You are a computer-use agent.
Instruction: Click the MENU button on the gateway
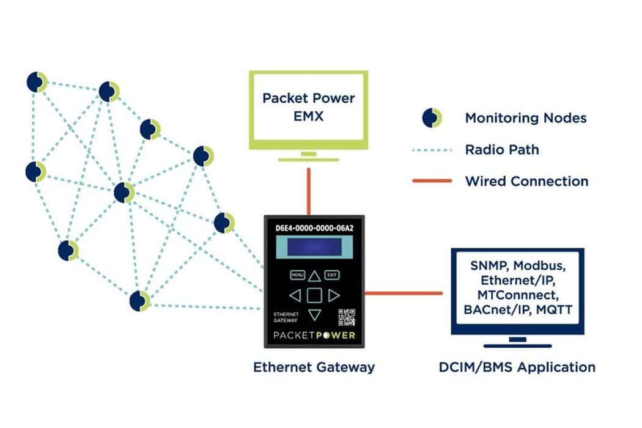coord(297,275)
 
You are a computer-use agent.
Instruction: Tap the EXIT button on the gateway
coord(331,275)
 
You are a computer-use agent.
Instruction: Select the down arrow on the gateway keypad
coord(314,315)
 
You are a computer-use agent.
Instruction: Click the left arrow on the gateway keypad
coord(295,296)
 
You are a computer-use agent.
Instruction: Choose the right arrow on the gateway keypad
coord(334,296)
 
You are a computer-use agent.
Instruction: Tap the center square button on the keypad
coord(314,296)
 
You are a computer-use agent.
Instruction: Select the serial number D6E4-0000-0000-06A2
coord(314,229)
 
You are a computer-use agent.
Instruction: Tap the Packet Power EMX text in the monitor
coord(308,107)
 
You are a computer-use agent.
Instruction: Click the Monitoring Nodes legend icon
coord(432,117)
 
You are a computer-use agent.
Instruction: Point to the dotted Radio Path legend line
coord(432,150)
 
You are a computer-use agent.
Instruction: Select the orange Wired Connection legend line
coord(432,181)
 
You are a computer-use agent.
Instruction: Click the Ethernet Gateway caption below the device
coord(314,367)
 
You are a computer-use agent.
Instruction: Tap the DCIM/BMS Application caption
coord(517,367)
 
